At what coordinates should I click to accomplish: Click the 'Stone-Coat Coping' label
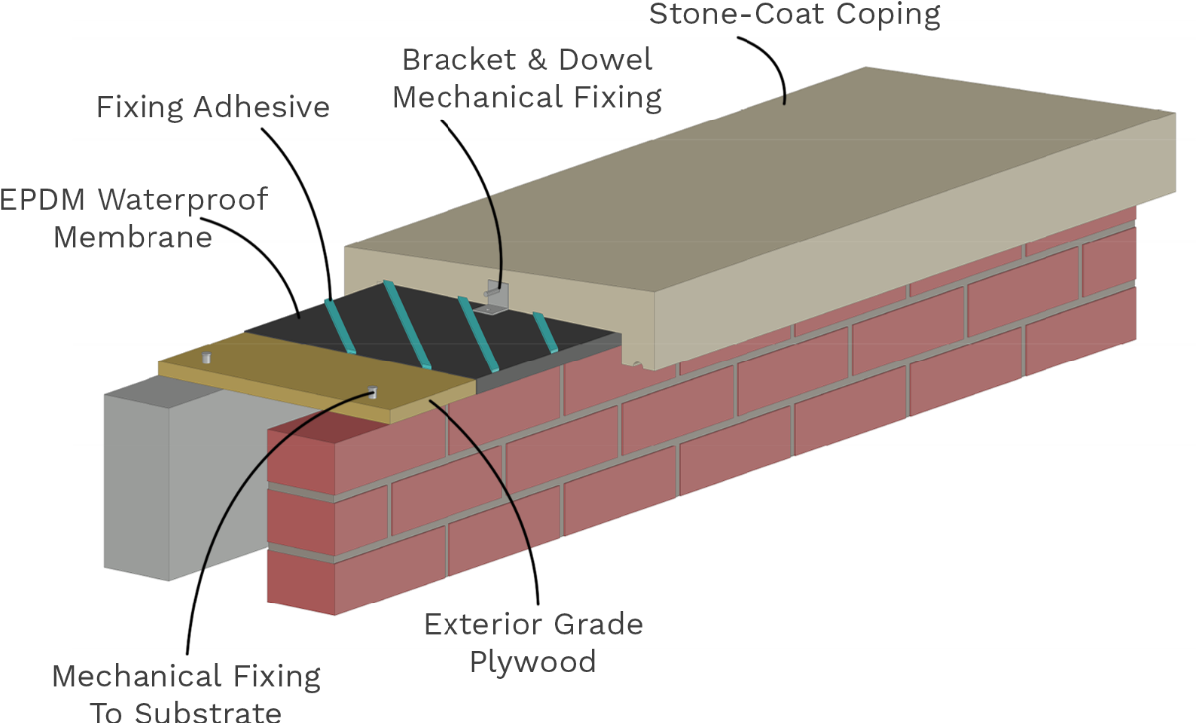794,14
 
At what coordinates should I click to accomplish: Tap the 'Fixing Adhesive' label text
212,108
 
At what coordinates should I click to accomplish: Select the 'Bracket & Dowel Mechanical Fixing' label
526,79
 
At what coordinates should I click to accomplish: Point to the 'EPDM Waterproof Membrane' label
134,218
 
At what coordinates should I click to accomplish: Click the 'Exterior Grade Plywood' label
533,643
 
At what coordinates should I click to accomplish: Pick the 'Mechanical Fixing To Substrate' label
185,692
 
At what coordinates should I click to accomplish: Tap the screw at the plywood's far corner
207,357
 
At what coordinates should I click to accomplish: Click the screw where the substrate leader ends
373,392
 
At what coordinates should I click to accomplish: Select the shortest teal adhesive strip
545,332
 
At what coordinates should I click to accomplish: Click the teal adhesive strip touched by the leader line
340,326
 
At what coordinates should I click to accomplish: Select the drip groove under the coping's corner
637,364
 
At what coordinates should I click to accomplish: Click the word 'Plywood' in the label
533,662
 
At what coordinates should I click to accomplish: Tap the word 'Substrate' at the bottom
208,712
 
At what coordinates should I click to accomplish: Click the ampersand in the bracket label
537,59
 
